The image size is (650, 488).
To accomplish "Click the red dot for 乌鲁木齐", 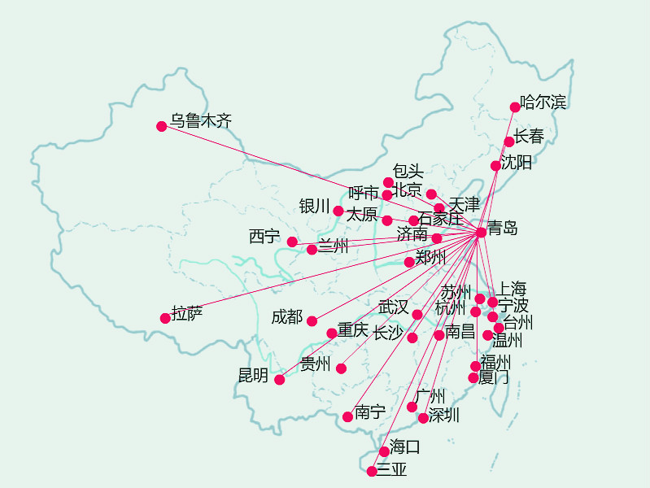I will point(162,126).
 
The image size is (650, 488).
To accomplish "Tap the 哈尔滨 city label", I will point(543,102).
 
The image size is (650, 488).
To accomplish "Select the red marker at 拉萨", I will point(166,318).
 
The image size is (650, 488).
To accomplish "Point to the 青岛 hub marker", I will point(481,233).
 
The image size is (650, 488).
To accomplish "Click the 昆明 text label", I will point(253,375).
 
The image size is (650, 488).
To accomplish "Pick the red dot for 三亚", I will point(372,471).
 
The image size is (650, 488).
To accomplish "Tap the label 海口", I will point(405,447).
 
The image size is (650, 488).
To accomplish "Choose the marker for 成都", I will point(312,321).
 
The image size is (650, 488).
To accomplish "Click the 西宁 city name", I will point(264,237).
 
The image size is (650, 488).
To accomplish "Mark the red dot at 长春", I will point(509,142).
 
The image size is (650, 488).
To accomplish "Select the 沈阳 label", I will point(517,163).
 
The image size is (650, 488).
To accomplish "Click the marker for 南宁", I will point(347,416).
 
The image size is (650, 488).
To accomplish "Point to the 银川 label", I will point(315,207).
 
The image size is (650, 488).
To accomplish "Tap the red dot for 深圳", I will point(423,418).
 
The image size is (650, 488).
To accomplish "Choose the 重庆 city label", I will point(353,330).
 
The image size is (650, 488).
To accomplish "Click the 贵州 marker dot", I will point(341,368).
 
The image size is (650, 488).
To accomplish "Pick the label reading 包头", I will point(408,171).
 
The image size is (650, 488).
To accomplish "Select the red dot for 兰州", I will point(312,250).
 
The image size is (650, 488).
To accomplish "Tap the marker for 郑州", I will point(409,262).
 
